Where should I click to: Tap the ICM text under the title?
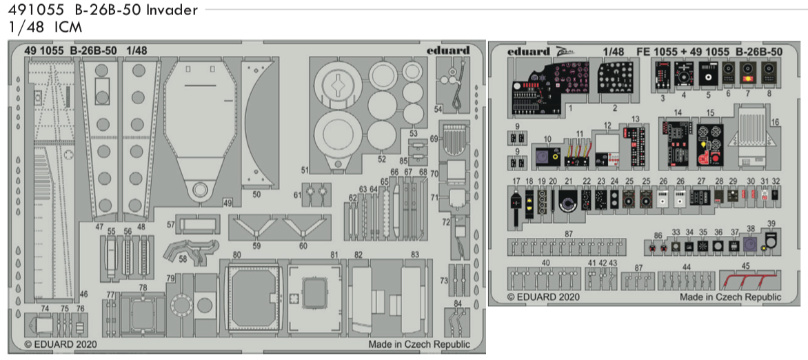pyautogui.click(x=68, y=28)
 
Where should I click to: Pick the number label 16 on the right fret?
pyautogui.click(x=775, y=121)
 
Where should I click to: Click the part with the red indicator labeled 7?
pyautogui.click(x=747, y=72)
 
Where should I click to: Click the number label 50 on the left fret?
pyautogui.click(x=256, y=195)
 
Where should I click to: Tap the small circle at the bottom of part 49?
pyautogui.click(x=199, y=190)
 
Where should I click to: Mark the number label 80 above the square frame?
pyautogui.click(x=236, y=254)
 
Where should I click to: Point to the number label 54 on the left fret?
pyautogui.click(x=438, y=109)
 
